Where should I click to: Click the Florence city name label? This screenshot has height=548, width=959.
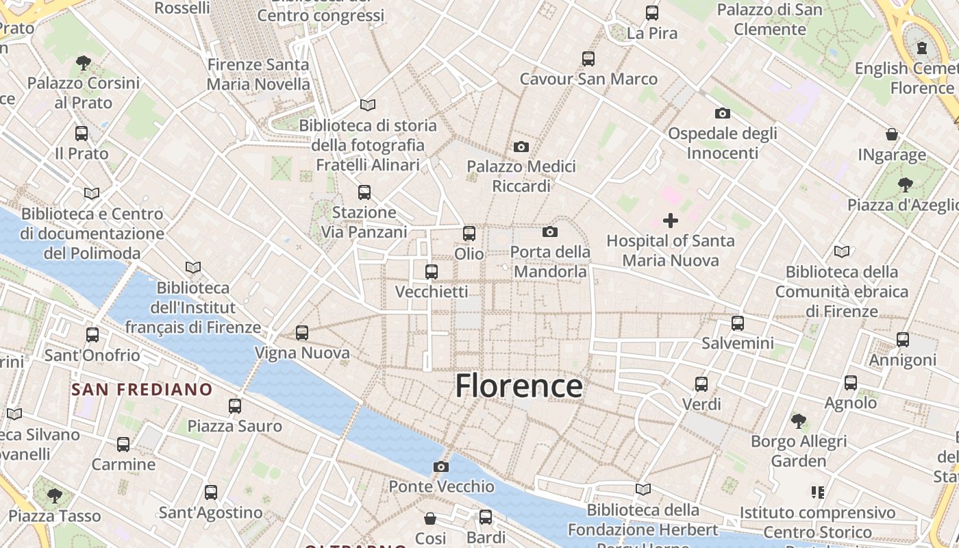519,386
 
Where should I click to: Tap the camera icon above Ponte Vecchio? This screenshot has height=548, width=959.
441,467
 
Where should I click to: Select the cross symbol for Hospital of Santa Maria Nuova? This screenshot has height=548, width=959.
671,221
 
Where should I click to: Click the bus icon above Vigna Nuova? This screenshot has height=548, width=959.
302,333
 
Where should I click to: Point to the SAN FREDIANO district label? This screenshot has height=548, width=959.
142,390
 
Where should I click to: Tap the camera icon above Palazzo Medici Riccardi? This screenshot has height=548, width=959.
521,147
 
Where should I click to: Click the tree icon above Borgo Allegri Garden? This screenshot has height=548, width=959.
798,421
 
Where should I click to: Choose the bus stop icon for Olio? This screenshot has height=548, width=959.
469,234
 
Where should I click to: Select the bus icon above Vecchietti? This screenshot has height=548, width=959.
432,272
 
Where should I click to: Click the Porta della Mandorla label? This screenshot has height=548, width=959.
550,262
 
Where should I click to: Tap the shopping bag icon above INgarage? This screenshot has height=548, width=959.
892,134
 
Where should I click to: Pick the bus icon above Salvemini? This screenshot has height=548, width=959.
738,323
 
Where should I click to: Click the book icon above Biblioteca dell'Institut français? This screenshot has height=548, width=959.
193,267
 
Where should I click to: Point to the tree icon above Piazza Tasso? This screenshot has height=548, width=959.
54,495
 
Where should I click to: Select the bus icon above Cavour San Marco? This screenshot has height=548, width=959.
588,59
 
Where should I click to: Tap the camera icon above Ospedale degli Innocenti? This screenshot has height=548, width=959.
722,113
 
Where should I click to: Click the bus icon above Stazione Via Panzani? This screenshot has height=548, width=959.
364,192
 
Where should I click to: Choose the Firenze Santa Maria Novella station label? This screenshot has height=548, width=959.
258,74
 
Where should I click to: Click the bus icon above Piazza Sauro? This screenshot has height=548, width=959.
235,406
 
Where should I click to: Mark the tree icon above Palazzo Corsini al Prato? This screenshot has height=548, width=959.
84,63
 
